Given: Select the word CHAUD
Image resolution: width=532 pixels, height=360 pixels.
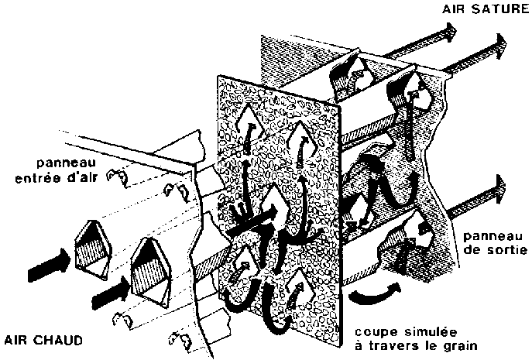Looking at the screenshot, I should [x=60, y=339].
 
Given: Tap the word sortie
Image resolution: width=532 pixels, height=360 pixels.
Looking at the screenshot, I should [x=506, y=252].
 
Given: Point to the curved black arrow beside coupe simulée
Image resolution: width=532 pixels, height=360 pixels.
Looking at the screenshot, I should [x=376, y=293].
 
